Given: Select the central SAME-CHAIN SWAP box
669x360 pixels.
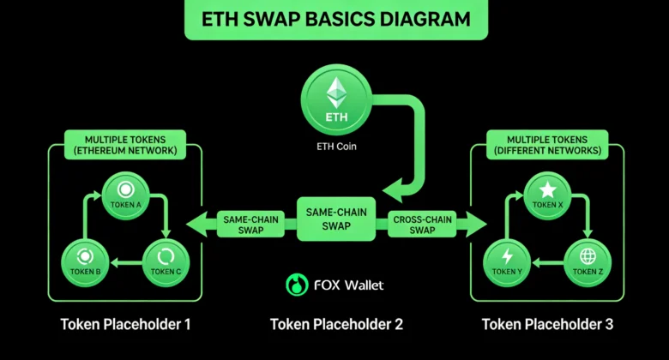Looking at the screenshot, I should coord(335,219).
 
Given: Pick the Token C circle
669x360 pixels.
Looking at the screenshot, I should coord(163,262).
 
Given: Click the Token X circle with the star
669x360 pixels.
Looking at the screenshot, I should coord(547,196).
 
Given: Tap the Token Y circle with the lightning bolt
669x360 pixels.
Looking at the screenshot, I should coord(507,262).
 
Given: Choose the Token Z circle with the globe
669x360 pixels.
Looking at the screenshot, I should coord(587,262).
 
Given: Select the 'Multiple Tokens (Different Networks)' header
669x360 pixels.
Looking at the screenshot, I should coord(546,145).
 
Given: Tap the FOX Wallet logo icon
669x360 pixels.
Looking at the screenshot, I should coord(297,285).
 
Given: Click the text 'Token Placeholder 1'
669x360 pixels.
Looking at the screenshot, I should coord(125,325).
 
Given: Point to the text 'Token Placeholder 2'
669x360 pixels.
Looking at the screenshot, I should coord(336,325).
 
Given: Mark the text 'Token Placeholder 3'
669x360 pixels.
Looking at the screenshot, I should coord(546,325).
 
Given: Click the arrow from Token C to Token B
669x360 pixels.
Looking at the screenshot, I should coord(125,264).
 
